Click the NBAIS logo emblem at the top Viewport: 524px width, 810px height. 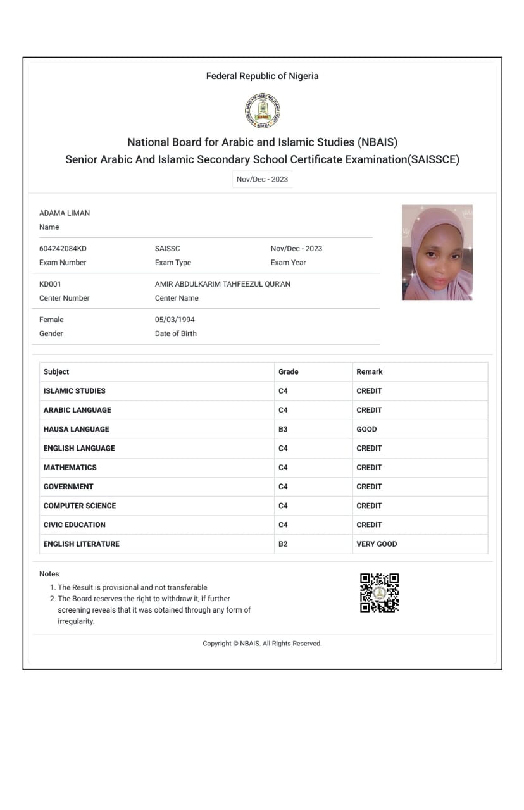coord(262,111)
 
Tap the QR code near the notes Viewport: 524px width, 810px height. coord(380,593)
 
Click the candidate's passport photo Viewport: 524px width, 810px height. coord(437,252)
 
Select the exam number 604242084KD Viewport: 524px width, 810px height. coord(63,249)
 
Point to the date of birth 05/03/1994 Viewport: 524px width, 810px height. coord(175,320)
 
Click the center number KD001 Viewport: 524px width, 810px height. coord(50,284)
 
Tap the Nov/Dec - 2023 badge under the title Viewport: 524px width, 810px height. coord(262,179)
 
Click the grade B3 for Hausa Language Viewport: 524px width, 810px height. coord(283,429)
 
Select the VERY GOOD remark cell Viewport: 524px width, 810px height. coord(377,544)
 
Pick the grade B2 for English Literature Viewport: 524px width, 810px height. coord(283,544)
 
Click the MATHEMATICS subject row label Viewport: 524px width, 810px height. coord(70,467)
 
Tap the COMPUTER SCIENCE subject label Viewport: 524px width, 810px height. coord(80,506)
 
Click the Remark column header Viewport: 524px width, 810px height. coord(370,371)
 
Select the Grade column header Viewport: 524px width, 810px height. coord(288,371)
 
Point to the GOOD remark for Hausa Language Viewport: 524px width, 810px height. coord(366,429)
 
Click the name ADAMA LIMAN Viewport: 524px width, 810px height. coord(65,213)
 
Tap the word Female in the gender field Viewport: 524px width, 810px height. coord(51,320)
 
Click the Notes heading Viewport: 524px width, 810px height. coord(49,574)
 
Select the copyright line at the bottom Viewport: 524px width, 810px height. coord(262,644)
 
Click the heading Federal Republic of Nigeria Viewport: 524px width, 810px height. coord(262,76)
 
